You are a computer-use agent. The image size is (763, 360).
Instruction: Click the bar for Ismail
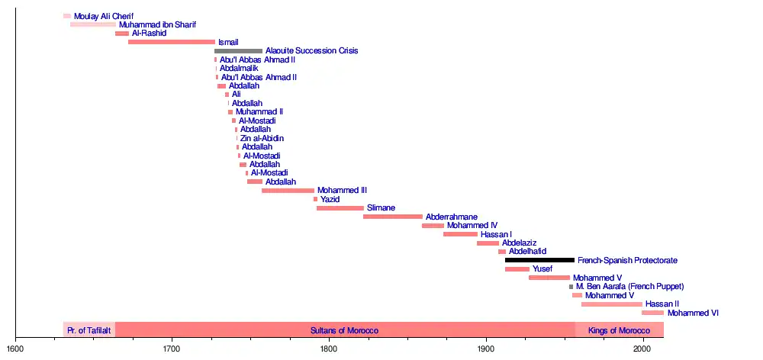pyautogui.click(x=171, y=42)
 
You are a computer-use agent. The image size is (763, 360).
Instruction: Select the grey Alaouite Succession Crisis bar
pyautogui.click(x=238, y=51)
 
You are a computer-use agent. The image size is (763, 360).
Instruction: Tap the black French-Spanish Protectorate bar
pyautogui.click(x=539, y=260)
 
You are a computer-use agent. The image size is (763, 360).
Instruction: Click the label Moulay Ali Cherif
pyautogui.click(x=103, y=16)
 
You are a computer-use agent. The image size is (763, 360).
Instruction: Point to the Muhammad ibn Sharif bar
pyautogui.click(x=93, y=24)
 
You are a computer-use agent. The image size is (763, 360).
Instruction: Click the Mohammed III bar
pyautogui.click(x=288, y=191)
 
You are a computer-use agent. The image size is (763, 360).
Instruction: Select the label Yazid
pyautogui.click(x=330, y=199)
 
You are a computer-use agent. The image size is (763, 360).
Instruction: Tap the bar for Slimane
pyautogui.click(x=340, y=208)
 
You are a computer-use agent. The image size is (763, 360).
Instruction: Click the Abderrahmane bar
pyautogui.click(x=393, y=217)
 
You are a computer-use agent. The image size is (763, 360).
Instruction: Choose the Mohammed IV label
pyautogui.click(x=472, y=226)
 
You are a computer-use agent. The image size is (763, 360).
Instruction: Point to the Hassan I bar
pyautogui.click(x=460, y=234)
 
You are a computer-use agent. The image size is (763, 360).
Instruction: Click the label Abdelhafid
pyautogui.click(x=527, y=252)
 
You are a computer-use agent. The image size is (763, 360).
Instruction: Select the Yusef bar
pyautogui.click(x=517, y=269)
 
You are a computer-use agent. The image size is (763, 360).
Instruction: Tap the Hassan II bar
pyautogui.click(x=612, y=304)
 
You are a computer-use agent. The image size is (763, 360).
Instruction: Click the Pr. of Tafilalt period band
pyautogui.click(x=89, y=330)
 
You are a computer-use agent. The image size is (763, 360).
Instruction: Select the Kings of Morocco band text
pyautogui.click(x=619, y=330)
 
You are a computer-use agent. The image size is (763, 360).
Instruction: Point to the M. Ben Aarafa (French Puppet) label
pyautogui.click(x=629, y=287)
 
